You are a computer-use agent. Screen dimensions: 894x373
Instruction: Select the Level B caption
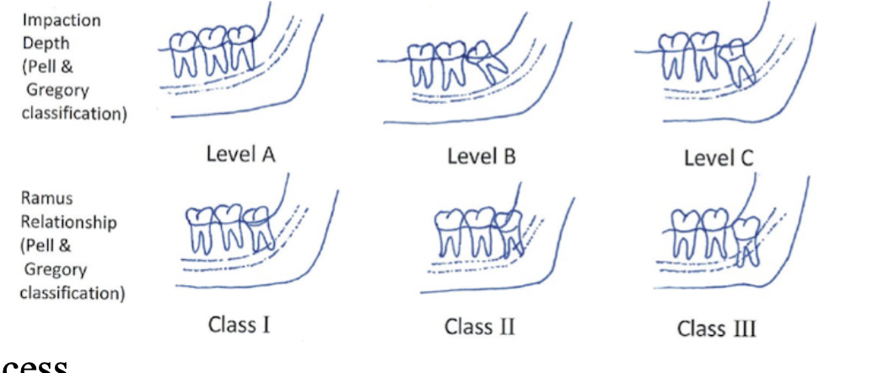click(482, 156)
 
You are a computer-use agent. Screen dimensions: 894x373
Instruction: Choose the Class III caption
click(716, 327)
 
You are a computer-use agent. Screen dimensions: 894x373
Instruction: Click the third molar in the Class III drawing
click(744, 239)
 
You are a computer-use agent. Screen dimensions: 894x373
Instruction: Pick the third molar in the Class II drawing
click(510, 230)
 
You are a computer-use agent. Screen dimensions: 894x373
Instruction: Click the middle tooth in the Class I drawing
click(230, 225)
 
